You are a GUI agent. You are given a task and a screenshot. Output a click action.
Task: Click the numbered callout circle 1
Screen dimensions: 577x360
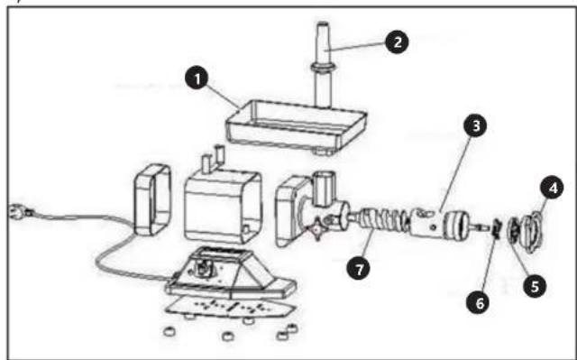[x=197, y=78]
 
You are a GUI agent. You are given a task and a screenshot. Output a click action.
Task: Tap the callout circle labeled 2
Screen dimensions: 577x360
[x=397, y=42]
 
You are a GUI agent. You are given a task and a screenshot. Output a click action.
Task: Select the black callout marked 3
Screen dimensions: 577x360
[x=475, y=125]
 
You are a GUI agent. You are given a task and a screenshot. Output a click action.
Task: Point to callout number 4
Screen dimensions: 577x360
[x=552, y=188]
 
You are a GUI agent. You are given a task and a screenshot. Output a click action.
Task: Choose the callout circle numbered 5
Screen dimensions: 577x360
[x=535, y=286]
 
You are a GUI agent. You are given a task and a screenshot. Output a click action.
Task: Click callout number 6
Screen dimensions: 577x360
[x=479, y=303]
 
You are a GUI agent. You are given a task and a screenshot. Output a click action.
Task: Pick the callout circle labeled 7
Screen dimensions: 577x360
[x=359, y=269]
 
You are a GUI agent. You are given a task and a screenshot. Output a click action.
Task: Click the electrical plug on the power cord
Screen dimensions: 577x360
[x=20, y=211]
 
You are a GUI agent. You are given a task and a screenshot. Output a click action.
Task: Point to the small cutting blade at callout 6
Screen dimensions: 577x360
[x=495, y=229]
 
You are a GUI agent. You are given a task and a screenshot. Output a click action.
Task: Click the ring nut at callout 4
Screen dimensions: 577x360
[x=533, y=231]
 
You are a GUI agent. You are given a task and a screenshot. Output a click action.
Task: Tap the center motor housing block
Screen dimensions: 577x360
[x=223, y=206]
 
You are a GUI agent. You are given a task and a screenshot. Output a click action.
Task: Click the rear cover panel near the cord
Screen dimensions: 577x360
[x=152, y=199]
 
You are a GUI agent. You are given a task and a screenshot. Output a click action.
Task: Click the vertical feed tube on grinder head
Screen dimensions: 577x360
[x=324, y=189]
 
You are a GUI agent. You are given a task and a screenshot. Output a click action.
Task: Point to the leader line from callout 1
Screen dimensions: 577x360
[x=224, y=97]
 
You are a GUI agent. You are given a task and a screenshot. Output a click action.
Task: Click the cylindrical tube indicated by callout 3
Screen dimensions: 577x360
[x=426, y=224]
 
